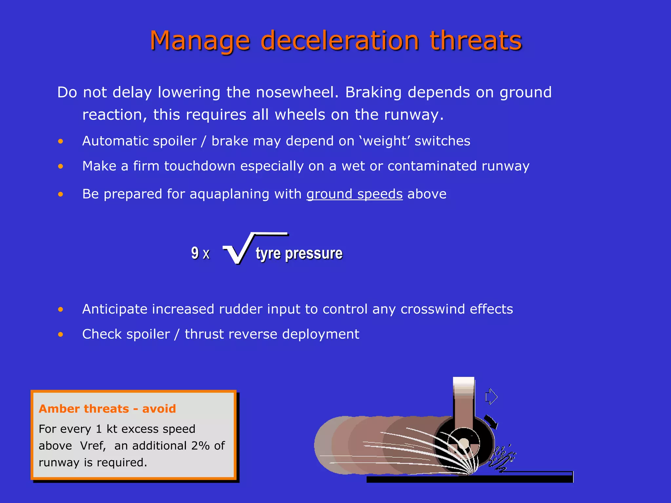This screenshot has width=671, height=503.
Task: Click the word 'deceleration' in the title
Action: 340,41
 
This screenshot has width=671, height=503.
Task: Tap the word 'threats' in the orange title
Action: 476,41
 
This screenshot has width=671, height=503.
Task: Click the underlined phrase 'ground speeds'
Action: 354,194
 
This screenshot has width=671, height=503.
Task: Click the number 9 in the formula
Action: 195,253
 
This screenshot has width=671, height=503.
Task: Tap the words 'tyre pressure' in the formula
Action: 299,253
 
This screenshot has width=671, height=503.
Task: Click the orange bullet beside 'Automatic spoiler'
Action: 61,141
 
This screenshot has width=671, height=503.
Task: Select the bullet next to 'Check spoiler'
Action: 61,334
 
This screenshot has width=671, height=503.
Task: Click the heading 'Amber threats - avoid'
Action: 107,409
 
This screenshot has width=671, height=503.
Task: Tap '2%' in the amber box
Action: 201,446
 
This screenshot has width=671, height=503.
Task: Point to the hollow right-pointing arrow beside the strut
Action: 491,397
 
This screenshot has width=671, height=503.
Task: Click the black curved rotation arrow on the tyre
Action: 491,421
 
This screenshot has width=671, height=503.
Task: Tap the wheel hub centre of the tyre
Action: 463,444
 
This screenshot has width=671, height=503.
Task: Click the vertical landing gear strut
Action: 464,406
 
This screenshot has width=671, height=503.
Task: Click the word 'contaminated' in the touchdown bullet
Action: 432,166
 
